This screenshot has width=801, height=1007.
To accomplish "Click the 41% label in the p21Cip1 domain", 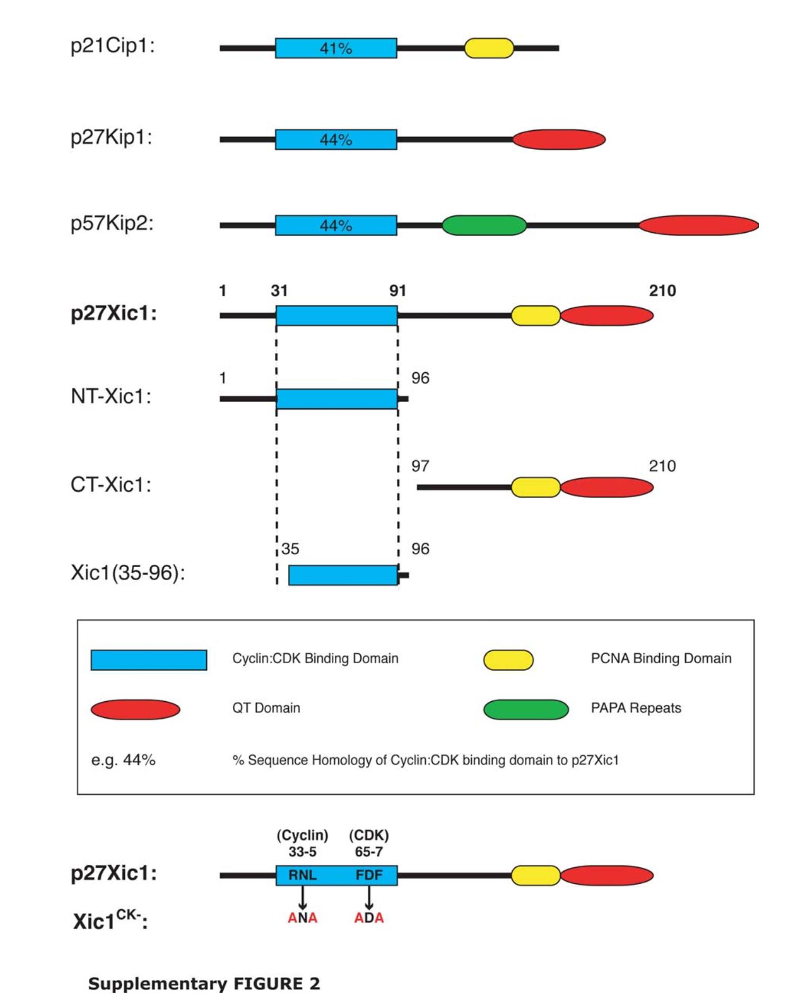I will pyautogui.click(x=335, y=49).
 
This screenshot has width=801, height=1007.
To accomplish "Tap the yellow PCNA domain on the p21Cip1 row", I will pyautogui.click(x=489, y=48).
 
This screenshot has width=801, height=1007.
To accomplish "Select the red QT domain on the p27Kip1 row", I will pyautogui.click(x=559, y=140).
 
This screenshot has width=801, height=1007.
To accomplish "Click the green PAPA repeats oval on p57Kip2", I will pyautogui.click(x=484, y=225).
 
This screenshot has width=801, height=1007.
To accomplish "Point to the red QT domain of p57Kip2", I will pyautogui.click(x=698, y=225).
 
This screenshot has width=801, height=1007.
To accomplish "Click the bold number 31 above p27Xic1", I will pyautogui.click(x=279, y=291).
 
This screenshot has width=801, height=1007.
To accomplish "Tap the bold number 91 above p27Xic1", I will pyautogui.click(x=397, y=291).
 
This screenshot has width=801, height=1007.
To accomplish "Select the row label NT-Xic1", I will pyautogui.click(x=111, y=396).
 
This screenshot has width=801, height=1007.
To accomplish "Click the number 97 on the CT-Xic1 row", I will pyautogui.click(x=420, y=466).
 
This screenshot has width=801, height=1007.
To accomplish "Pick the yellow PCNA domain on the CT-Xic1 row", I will pyautogui.click(x=535, y=487).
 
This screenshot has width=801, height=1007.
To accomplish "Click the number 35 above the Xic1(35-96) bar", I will pyautogui.click(x=290, y=549).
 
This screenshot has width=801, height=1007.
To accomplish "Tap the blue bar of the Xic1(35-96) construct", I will pyautogui.click(x=343, y=575).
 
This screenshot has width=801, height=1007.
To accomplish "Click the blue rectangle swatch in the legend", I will pyautogui.click(x=149, y=660).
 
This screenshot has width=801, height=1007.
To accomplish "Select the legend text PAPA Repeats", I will pyautogui.click(x=636, y=708).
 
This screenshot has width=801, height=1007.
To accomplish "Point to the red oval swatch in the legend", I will pyautogui.click(x=135, y=710).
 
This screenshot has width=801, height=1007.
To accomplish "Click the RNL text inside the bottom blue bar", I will pyautogui.click(x=302, y=875).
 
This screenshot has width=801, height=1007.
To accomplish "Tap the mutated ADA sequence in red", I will pyautogui.click(x=369, y=918).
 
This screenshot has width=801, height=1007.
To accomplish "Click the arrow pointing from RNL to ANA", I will pyautogui.click(x=302, y=898).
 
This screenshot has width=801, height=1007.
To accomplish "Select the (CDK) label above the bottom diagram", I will pyautogui.click(x=369, y=835).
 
